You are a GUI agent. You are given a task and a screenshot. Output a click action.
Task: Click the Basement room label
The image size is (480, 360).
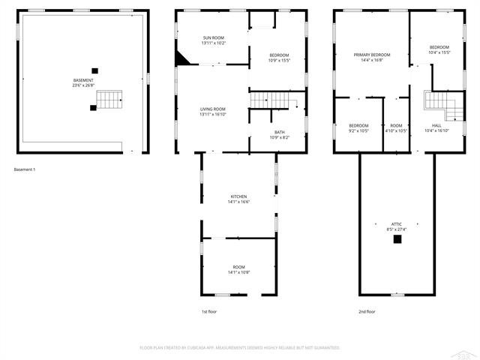tap(83, 80)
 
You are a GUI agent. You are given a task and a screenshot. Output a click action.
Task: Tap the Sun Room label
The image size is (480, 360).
tap(213, 37)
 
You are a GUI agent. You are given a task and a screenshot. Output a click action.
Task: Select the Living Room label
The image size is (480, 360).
tap(213, 109)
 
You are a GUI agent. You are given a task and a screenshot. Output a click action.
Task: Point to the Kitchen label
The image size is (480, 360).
tap(238, 196)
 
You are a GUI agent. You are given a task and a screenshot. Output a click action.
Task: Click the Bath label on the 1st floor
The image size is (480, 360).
tap(279, 133)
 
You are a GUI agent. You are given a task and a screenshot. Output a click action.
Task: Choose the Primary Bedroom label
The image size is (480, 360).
tap(372, 55)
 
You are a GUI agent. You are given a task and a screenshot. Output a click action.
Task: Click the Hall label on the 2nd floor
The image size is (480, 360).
tap(436, 125)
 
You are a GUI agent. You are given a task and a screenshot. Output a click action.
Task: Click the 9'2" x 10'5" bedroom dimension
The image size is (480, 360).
tap(358, 130)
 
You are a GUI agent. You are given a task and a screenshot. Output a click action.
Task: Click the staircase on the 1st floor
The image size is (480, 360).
tap(273, 100)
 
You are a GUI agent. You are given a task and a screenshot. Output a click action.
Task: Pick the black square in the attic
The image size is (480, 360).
tap(397, 239)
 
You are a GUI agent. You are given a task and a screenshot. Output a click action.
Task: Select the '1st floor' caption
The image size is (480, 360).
tap(209, 311)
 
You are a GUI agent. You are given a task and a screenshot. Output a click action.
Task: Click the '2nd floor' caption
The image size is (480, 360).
tap(367, 311)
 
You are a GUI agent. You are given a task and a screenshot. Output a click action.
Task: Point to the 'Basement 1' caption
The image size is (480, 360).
tap(25, 169)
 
